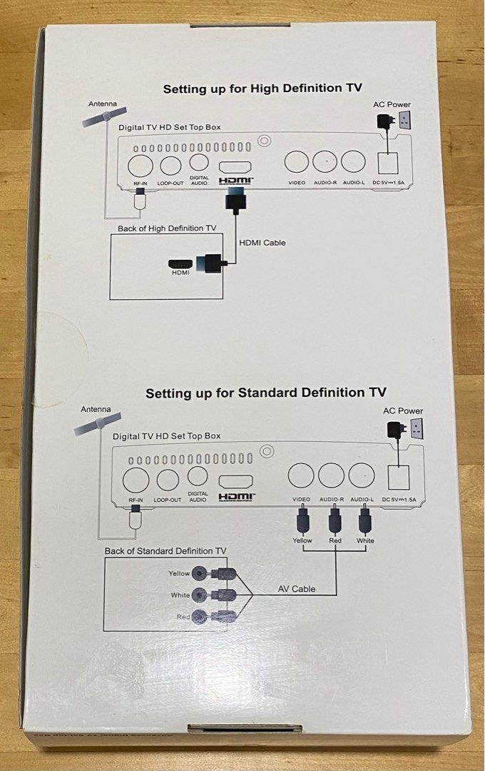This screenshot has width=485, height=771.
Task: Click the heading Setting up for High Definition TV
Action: pyautogui.click(x=262, y=89)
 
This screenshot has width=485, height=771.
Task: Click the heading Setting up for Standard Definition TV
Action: pyautogui.click(x=266, y=393)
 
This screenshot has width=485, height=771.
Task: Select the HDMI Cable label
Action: pyautogui.click(x=262, y=243)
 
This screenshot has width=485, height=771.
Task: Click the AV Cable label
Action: pyautogui.click(x=296, y=589)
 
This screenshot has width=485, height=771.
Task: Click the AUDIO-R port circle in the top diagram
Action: pyautogui.click(x=325, y=163)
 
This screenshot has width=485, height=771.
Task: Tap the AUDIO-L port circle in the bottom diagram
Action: pyautogui.click(x=362, y=475)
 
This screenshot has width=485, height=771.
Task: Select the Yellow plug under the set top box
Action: pyautogui.click(x=302, y=521)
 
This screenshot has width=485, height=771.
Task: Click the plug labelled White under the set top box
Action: pyautogui.click(x=365, y=521)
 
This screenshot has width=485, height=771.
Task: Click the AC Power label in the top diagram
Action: pyautogui.click(x=392, y=105)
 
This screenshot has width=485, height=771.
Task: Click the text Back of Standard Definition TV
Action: pyautogui.click(x=165, y=551)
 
